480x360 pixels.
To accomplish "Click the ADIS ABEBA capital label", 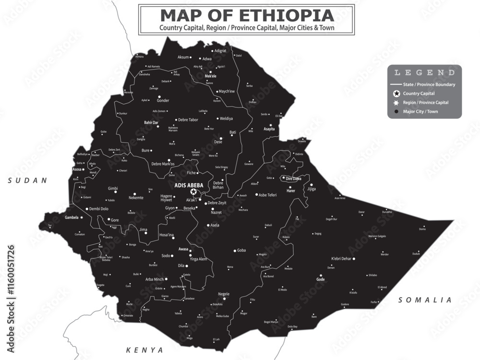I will [x=189, y=185].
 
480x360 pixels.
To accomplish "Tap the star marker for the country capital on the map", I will [x=193, y=192].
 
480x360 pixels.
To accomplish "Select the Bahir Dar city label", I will [x=151, y=123].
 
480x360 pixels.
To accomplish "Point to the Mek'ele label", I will [x=210, y=76].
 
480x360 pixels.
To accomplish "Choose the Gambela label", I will [x=72, y=217].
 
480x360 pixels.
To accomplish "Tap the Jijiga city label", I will [x=312, y=189].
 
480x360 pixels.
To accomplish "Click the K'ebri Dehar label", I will [x=342, y=259].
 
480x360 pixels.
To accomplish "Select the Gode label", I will [x=321, y=279].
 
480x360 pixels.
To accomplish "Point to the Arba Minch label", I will [x=155, y=279].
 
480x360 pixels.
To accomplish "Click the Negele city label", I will [x=224, y=294].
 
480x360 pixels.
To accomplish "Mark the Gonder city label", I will [x=163, y=101].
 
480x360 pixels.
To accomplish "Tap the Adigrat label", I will [x=220, y=50].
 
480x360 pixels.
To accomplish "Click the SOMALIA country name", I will [x=425, y=300].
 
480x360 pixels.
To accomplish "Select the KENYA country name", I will [x=144, y=350].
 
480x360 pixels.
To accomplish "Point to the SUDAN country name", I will [x=27, y=180].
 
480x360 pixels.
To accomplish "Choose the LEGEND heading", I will [x=424, y=72].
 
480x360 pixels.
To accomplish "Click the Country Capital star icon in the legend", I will [x=396, y=94].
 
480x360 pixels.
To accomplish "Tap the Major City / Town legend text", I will [x=420, y=111].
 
